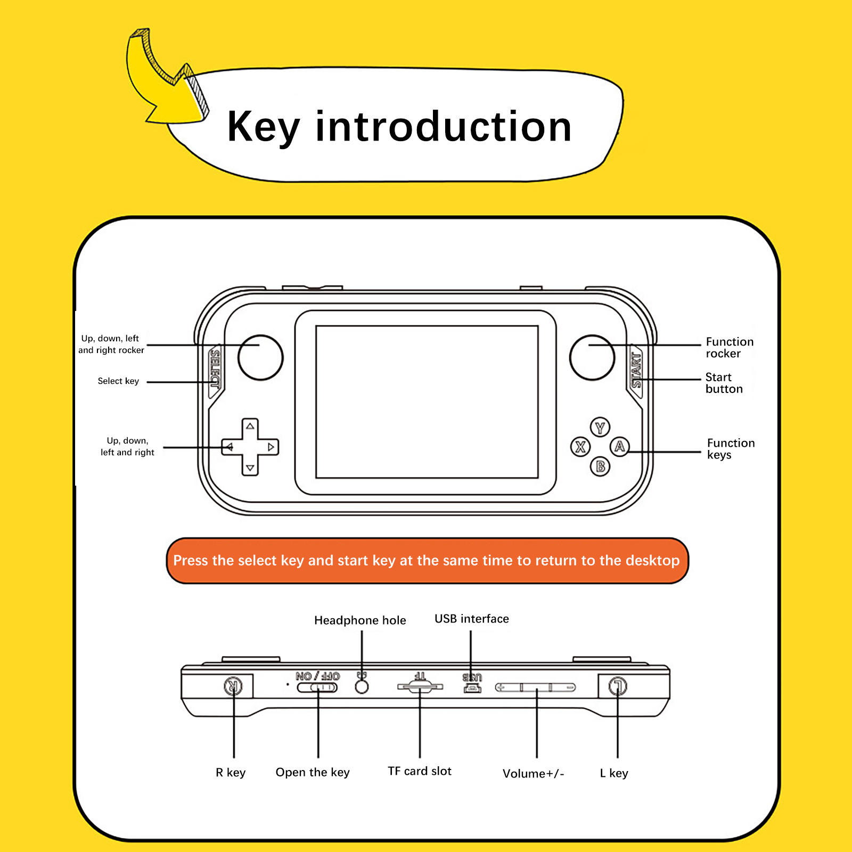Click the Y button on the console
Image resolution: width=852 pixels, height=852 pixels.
(600, 427)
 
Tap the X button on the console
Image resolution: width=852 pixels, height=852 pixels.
(580, 447)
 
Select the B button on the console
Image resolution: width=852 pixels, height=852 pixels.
(600, 466)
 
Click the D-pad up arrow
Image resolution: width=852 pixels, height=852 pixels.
(250, 426)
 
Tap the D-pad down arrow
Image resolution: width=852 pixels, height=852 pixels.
(250, 468)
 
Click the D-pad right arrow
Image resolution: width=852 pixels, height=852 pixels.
(271, 447)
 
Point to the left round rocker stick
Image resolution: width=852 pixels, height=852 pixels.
(260, 357)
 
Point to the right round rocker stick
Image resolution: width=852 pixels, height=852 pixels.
(592, 357)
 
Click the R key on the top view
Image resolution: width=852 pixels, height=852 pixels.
(233, 686)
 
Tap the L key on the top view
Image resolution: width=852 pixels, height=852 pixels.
(618, 686)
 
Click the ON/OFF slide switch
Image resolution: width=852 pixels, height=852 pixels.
(317, 687)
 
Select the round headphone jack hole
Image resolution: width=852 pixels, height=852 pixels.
(362, 686)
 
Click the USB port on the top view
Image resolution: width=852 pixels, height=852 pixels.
(472, 689)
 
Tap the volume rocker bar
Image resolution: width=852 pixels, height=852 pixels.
(536, 687)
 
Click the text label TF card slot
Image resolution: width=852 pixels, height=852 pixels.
(420, 771)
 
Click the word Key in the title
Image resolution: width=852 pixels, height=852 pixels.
(264, 128)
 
